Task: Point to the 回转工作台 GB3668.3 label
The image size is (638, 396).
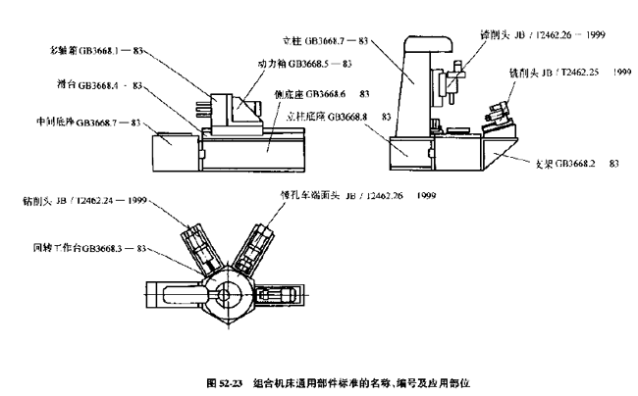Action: pyautogui.click(x=87, y=249)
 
